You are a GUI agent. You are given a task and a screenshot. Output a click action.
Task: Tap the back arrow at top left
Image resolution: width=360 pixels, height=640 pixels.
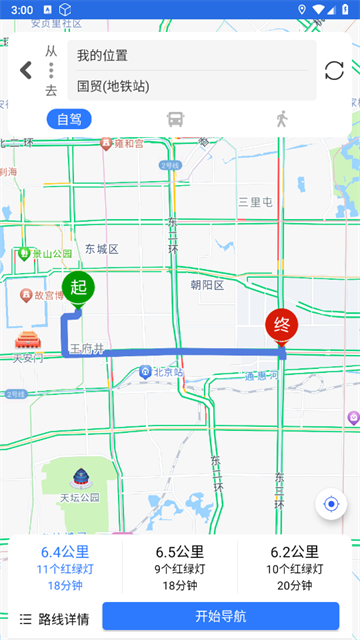pyautogui.click(x=26, y=70)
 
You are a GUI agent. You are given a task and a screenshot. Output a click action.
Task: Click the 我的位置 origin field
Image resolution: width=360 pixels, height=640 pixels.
pyautogui.click(x=190, y=55)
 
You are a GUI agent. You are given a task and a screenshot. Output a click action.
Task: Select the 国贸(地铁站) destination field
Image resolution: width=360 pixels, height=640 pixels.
pyautogui.click(x=190, y=86)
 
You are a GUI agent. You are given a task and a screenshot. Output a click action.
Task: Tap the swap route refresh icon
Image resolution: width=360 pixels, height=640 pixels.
pyautogui.click(x=334, y=70)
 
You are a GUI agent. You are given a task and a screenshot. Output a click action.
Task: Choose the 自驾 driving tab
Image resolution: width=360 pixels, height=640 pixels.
pyautogui.click(x=69, y=119)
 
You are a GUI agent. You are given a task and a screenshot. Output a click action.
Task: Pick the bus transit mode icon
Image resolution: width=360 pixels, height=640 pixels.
pyautogui.click(x=175, y=119)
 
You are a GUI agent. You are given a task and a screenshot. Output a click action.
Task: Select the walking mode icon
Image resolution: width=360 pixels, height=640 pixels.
pyautogui.click(x=282, y=119)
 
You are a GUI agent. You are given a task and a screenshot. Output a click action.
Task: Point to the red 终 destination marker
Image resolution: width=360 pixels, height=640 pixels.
pyautogui.click(x=281, y=325)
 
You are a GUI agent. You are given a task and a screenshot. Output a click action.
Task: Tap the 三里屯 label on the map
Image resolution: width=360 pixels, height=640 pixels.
pyautogui.click(x=256, y=202)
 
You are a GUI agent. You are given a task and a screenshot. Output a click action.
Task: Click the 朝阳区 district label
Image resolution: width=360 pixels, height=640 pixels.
pyautogui.click(x=207, y=285)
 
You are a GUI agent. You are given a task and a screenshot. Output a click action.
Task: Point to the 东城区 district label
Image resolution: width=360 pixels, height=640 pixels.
pyautogui.click(x=101, y=249)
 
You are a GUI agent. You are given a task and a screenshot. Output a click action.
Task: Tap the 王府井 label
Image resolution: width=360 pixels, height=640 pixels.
pyautogui.click(x=87, y=349)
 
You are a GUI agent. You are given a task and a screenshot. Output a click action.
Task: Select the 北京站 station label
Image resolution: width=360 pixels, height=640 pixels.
pyautogui.click(x=163, y=372)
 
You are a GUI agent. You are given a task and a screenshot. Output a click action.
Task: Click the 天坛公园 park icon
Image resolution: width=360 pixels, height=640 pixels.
pyautogui.click(x=78, y=477)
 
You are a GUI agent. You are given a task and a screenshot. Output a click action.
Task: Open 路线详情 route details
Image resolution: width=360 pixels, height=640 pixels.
pyautogui.click(x=55, y=618)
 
